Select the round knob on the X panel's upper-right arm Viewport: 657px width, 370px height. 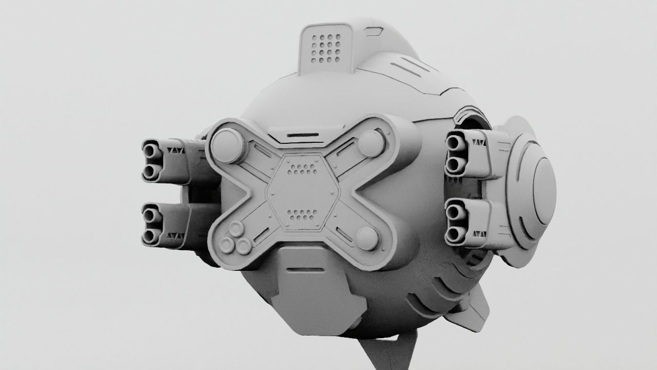click(372, 143)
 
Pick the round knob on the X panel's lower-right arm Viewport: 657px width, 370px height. click(367, 238)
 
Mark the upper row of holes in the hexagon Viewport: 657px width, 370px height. click(303, 168)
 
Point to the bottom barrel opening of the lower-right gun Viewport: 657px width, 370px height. click(454, 235)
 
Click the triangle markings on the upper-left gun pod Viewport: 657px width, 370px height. click(176, 151)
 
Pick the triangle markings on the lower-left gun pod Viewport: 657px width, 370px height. click(176, 235)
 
